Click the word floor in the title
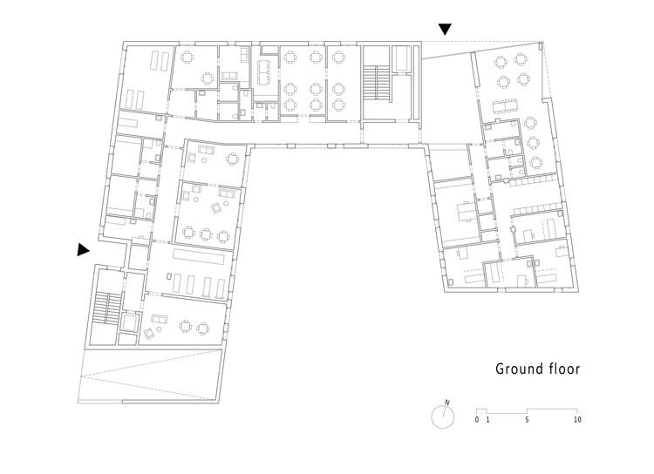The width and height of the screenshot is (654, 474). click(x=564, y=369)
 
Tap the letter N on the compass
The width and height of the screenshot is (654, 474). click(x=447, y=403)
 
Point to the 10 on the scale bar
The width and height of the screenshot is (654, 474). click(x=577, y=419)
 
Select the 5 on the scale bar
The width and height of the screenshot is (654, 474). click(x=528, y=419)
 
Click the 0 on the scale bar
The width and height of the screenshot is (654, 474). click(x=477, y=419)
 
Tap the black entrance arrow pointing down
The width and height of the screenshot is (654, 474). click(x=445, y=29)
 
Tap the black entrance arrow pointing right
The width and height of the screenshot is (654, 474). click(x=84, y=250)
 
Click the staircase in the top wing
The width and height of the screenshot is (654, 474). click(x=377, y=84)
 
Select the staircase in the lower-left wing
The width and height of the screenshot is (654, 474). click(x=108, y=308)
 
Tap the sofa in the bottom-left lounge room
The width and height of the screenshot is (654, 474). click(x=159, y=320)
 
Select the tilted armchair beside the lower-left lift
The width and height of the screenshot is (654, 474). click(x=149, y=333)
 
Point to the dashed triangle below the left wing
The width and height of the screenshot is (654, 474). click(x=151, y=376)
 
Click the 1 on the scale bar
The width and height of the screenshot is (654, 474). click(x=487, y=419)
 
